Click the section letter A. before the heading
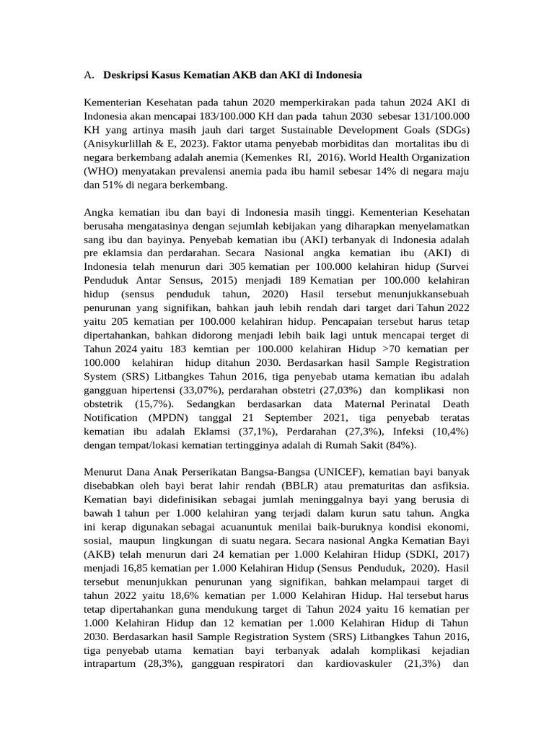tap(89, 74)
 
